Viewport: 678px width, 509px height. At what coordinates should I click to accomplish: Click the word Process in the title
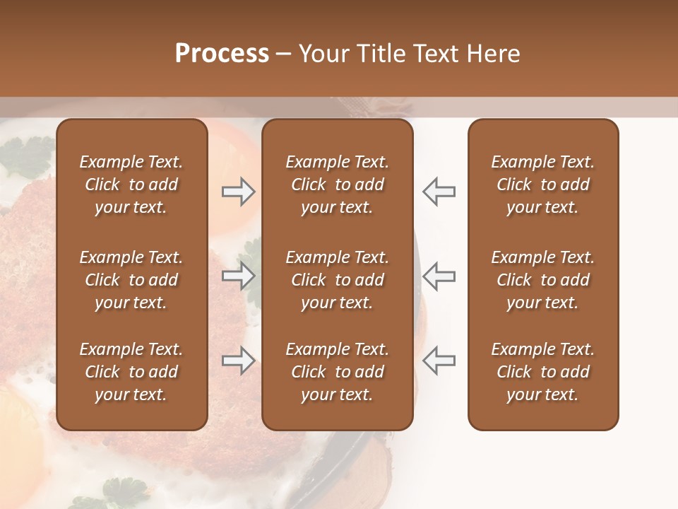222,54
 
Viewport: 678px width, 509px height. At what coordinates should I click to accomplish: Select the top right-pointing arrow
238,192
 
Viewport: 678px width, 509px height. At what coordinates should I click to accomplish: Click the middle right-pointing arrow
238,276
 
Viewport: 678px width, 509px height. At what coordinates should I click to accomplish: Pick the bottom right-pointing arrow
238,361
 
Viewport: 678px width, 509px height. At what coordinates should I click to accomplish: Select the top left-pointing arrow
439,192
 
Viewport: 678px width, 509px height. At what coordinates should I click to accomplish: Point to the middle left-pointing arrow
439,276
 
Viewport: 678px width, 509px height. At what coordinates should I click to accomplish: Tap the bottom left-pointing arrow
439,361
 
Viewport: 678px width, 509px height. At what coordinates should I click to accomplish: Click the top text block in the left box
131,185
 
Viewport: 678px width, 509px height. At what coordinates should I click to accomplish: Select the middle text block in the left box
131,280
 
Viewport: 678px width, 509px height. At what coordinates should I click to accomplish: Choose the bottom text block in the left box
131,372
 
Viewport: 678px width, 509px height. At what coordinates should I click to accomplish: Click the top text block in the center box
338,185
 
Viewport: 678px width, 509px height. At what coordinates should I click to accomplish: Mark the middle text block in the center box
338,280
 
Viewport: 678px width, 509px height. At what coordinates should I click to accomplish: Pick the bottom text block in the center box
338,372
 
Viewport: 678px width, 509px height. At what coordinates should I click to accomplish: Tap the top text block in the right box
543,185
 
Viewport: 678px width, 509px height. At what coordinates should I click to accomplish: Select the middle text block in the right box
543,280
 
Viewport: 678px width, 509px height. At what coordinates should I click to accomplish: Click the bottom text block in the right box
543,372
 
